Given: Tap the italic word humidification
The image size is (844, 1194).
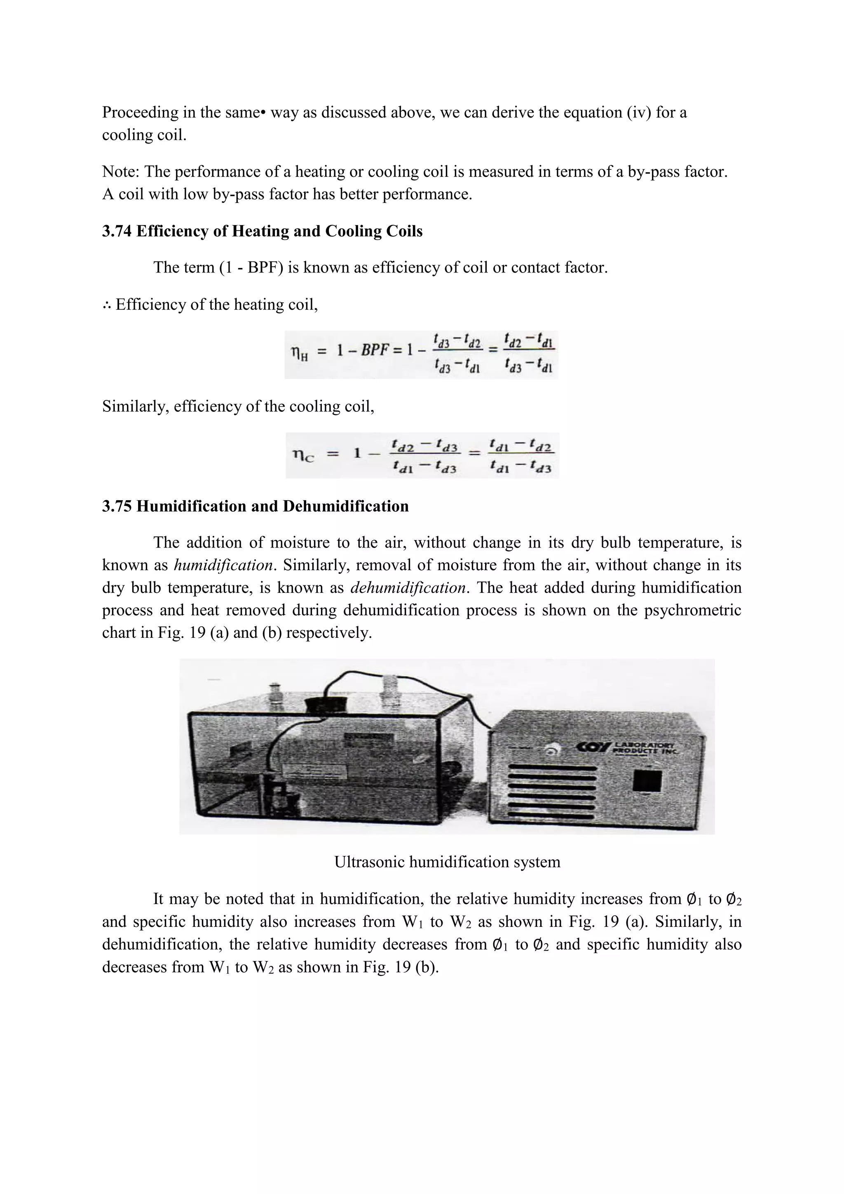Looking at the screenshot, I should click(x=223, y=565).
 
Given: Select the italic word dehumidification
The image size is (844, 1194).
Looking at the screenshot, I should click(x=408, y=588).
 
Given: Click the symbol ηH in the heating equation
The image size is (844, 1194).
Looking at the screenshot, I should click(x=298, y=354).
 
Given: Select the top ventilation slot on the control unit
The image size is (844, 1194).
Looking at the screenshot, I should click(x=551, y=768).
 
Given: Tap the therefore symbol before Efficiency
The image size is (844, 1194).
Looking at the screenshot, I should click(x=107, y=305).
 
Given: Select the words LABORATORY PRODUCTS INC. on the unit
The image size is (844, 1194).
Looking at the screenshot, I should click(x=645, y=748).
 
